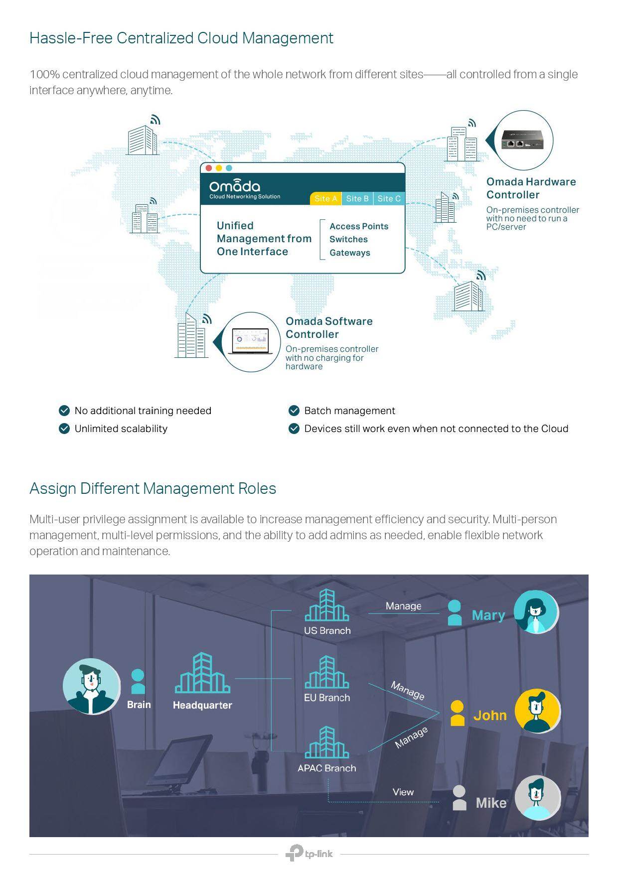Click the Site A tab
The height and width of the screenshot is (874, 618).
pyautogui.click(x=325, y=198)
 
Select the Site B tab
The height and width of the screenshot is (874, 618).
pyautogui.click(x=357, y=198)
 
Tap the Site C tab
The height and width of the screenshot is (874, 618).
pyautogui.click(x=389, y=198)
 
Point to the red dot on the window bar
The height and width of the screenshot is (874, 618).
pyautogui.click(x=208, y=168)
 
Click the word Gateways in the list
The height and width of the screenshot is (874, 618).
pyautogui.click(x=349, y=253)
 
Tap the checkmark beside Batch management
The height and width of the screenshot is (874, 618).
pyautogui.click(x=294, y=411)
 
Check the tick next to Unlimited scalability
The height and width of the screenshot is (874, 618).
pyautogui.click(x=64, y=429)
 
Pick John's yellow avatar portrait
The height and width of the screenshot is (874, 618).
pyautogui.click(x=537, y=711)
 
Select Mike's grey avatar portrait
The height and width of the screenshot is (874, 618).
pyautogui.click(x=537, y=798)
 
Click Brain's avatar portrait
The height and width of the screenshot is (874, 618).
pyautogui.click(x=91, y=686)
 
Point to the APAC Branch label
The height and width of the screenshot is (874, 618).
pyautogui.click(x=326, y=768)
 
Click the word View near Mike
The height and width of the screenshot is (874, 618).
pyautogui.click(x=403, y=792)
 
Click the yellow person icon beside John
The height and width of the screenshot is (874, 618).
pyautogui.click(x=457, y=713)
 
